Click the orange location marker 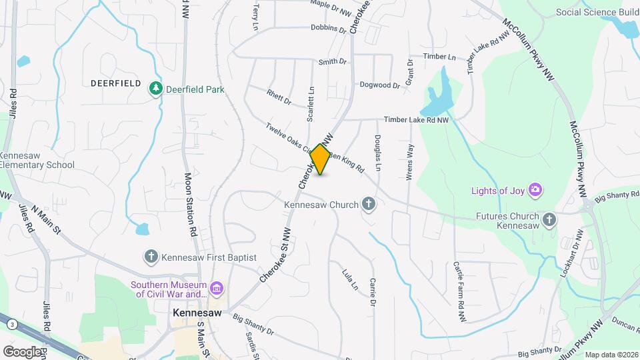click(321, 159)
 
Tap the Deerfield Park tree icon click(156, 88)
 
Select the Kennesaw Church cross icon click(368, 205)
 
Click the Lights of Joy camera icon click(535, 191)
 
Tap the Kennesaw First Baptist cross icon click(151, 257)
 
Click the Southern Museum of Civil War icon click(216, 289)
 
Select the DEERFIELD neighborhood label click(116, 83)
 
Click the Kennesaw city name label click(197, 312)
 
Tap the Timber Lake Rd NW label click(416, 120)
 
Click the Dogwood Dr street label click(379, 85)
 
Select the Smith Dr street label click(333, 62)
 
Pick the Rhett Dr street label click(279, 97)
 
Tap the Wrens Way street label click(410, 161)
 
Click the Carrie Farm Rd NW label click(460, 302)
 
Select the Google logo click(22, 351)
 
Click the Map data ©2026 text click(611, 355)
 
